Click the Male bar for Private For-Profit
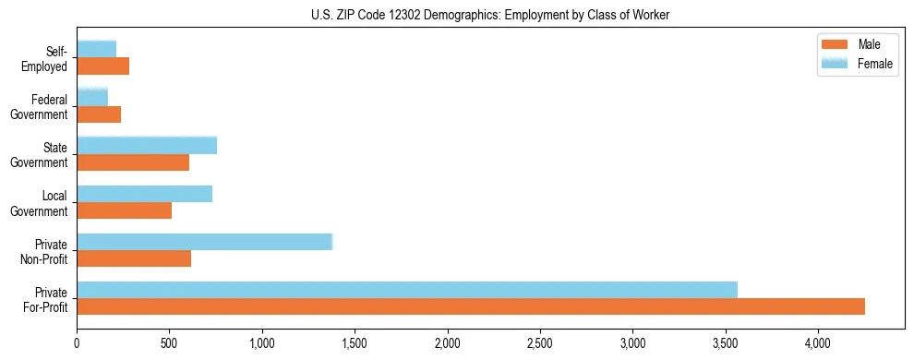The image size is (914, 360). tap(471, 306)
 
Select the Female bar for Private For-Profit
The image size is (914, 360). tap(407, 290)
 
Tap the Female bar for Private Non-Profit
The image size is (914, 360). tap(204, 242)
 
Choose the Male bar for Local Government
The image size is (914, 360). tap(125, 210)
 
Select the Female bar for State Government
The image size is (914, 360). tap(147, 145)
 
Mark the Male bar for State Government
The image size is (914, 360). tap(133, 162)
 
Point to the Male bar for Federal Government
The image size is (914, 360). tap(99, 114)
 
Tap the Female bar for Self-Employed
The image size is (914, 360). tap(97, 49)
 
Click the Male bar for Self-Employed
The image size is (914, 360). tap(103, 66)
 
